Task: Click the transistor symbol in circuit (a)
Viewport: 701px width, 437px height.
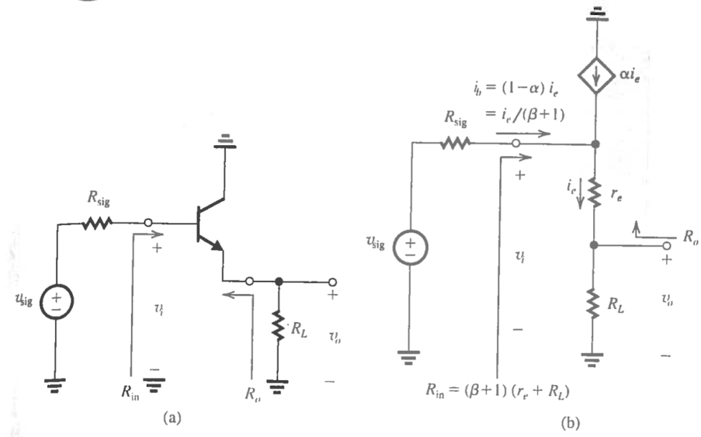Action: (209, 225)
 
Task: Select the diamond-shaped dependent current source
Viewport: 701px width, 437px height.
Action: (595, 77)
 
